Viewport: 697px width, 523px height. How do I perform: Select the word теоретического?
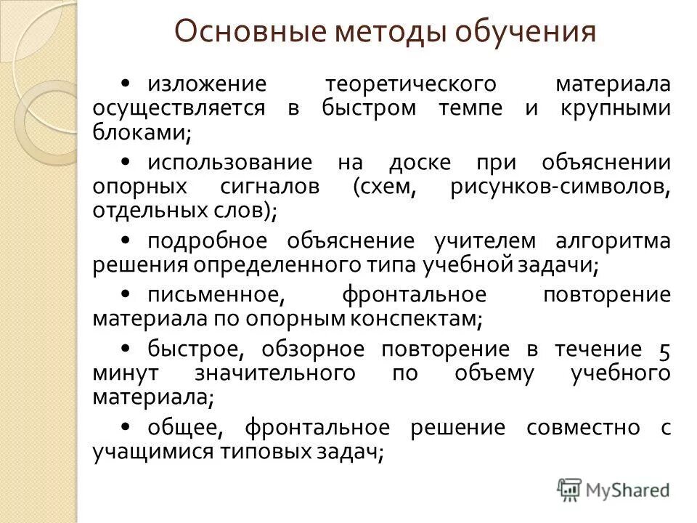(x=410, y=84)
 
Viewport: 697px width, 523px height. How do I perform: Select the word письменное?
(x=214, y=295)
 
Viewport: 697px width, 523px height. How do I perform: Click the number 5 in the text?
(x=664, y=349)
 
